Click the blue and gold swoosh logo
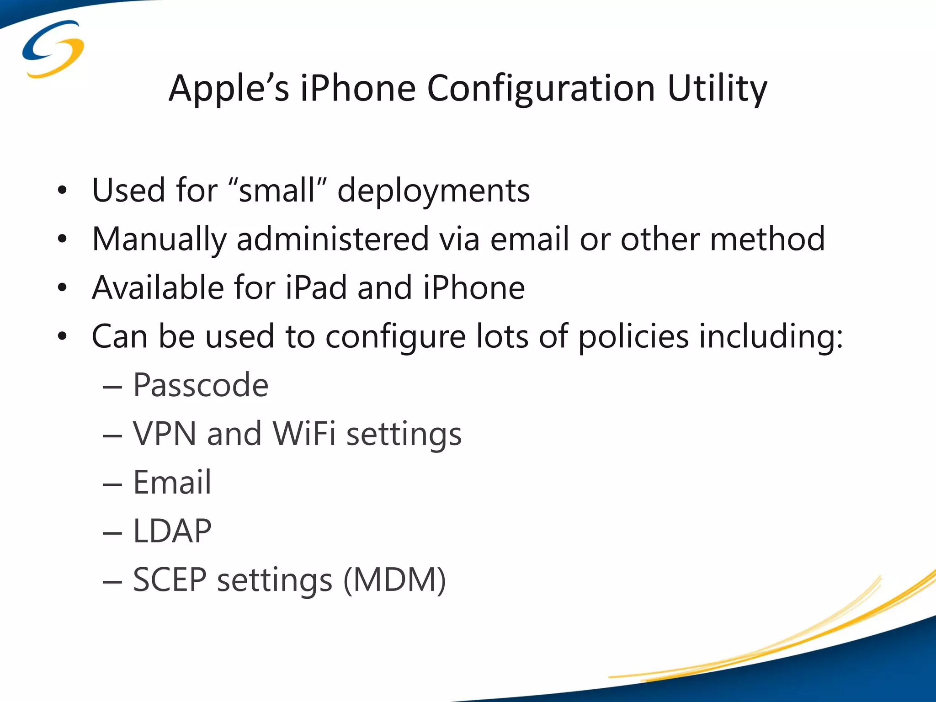click(x=53, y=49)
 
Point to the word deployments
click(x=433, y=191)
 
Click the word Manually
click(x=159, y=239)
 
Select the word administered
click(x=332, y=239)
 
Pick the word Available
click(x=157, y=287)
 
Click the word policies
click(x=633, y=337)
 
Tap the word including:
click(x=771, y=337)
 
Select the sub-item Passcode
click(x=201, y=385)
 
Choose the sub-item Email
click(x=172, y=482)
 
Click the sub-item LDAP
click(x=172, y=531)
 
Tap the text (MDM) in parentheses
click(x=394, y=580)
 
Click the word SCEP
click(x=170, y=580)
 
